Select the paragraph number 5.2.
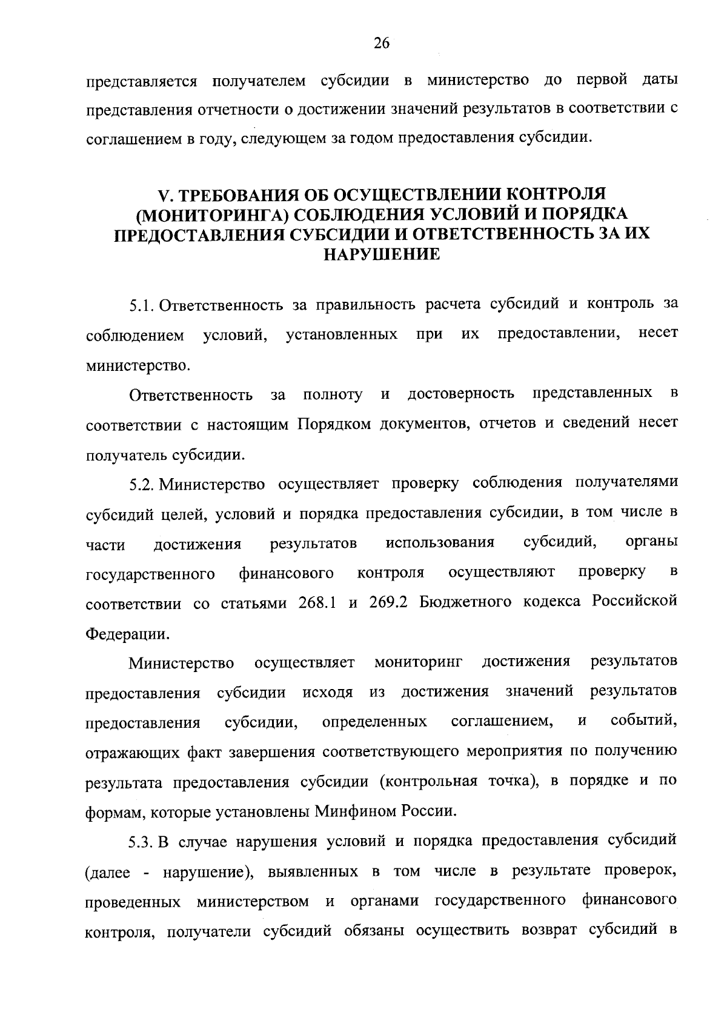point(143,484)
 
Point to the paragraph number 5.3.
point(143,842)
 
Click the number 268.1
point(318,602)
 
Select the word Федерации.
point(125,633)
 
